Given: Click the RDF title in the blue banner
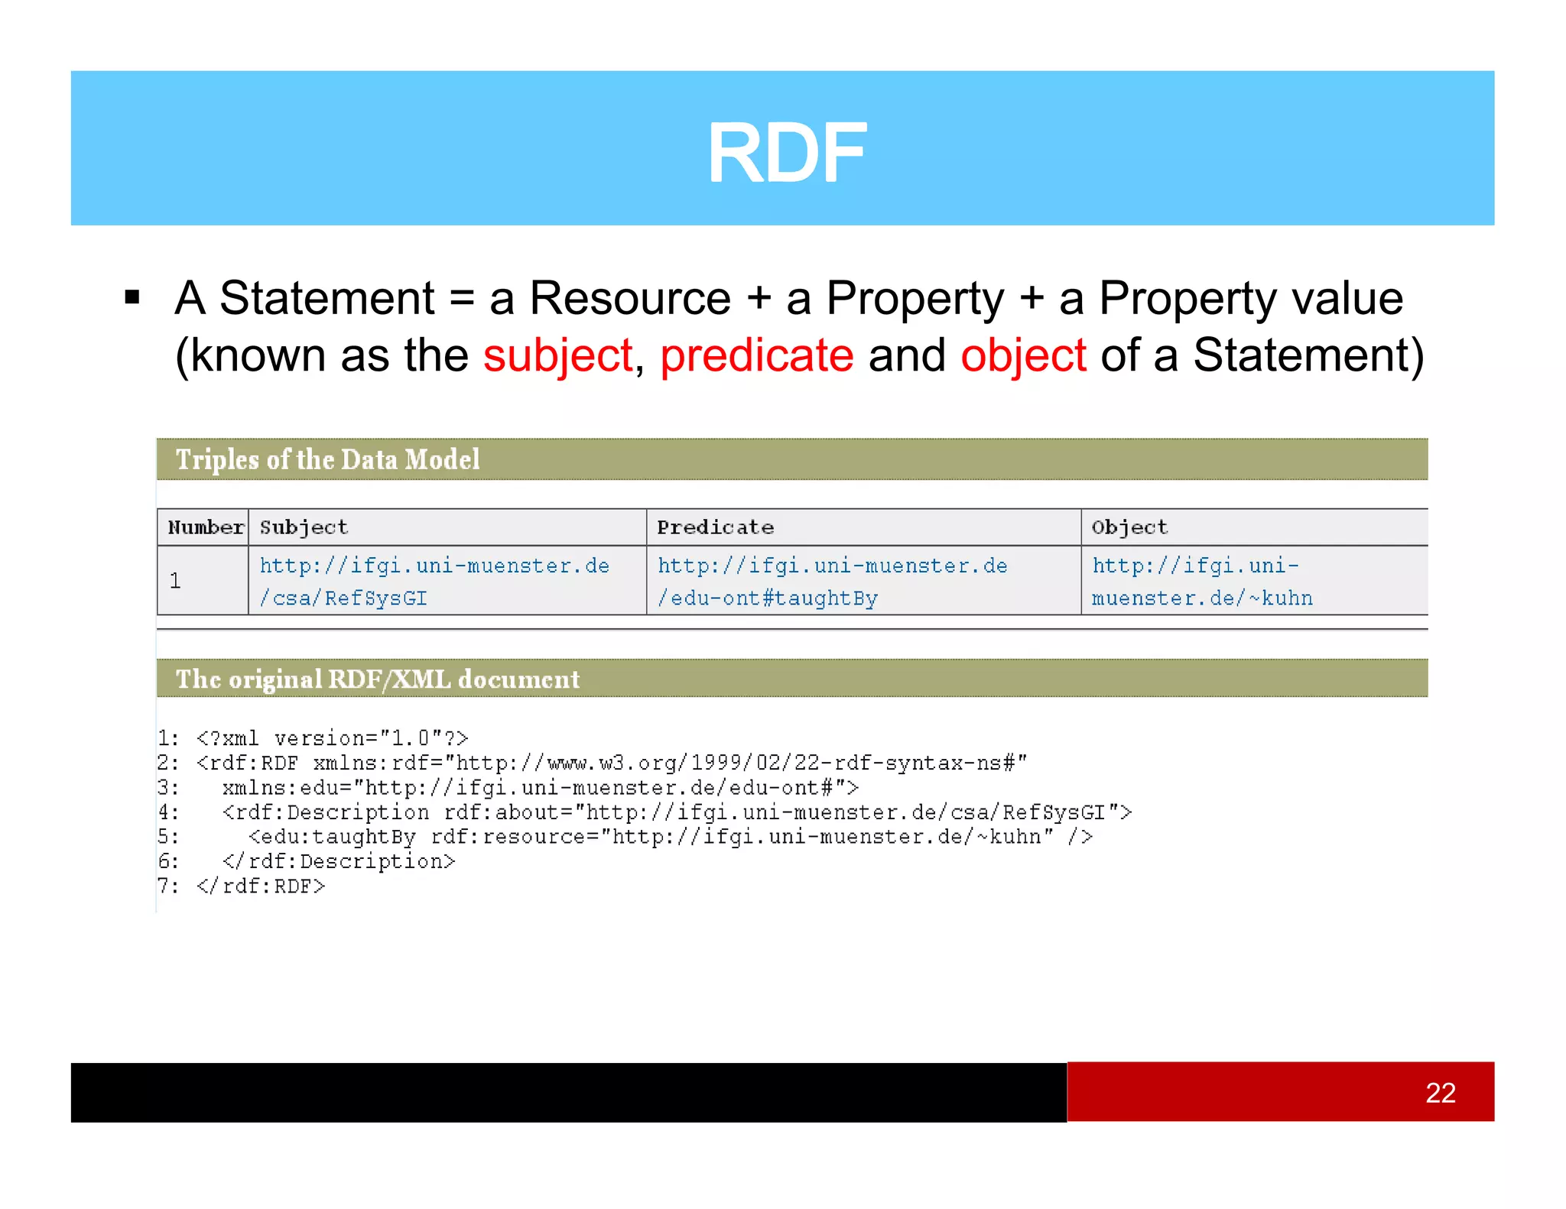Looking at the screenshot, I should tap(786, 154).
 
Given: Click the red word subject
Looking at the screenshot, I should tap(557, 355).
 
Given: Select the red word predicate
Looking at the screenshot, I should tap(756, 355).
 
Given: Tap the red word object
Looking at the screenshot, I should tap(1023, 355).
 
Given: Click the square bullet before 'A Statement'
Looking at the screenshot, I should tap(132, 297).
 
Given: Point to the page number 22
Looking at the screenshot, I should tap(1440, 1093).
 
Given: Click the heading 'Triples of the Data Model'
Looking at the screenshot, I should tap(327, 459).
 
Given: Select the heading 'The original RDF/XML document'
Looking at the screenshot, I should tap(378, 679).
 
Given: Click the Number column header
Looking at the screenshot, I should tap(205, 527).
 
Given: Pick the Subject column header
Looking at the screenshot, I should tap(304, 527).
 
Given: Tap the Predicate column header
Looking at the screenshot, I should tap(715, 527).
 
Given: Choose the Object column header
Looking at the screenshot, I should tap(1129, 527).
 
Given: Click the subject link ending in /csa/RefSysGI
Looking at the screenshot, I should tap(434, 582).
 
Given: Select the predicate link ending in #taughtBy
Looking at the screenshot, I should tap(832, 582).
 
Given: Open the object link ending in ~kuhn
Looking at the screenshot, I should tap(1201, 582).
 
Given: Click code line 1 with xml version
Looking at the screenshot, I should tap(332, 738).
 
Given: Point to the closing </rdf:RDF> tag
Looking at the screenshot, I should tap(261, 886).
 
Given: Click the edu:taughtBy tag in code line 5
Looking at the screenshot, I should tap(333, 837).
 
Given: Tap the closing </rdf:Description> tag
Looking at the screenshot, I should tap(339, 862).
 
